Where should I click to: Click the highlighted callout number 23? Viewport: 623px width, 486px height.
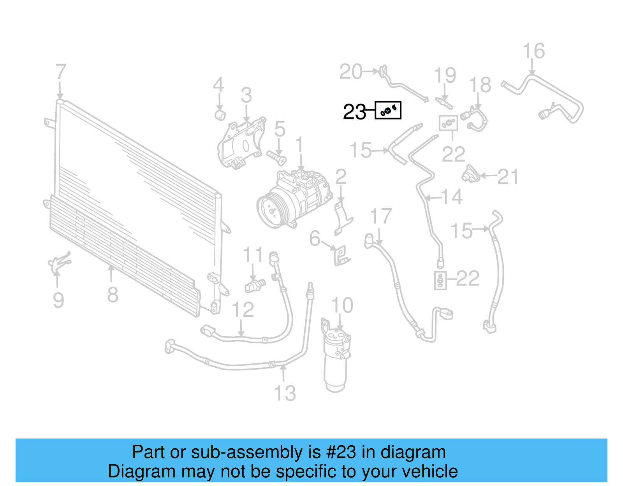pyautogui.click(x=354, y=112)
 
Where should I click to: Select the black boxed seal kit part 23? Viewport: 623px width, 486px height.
pyautogui.click(x=388, y=111)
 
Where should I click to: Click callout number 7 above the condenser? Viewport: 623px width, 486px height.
pyautogui.click(x=61, y=72)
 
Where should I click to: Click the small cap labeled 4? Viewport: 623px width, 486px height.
pyautogui.click(x=220, y=115)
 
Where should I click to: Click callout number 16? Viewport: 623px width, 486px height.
pyautogui.click(x=533, y=51)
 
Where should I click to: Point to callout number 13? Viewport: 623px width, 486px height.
pyautogui.click(x=285, y=393)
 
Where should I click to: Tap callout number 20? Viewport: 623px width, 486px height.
pyautogui.click(x=351, y=72)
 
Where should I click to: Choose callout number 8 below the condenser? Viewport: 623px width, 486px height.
pyautogui.click(x=113, y=295)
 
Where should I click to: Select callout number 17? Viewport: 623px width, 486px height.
pyautogui.click(x=380, y=216)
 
